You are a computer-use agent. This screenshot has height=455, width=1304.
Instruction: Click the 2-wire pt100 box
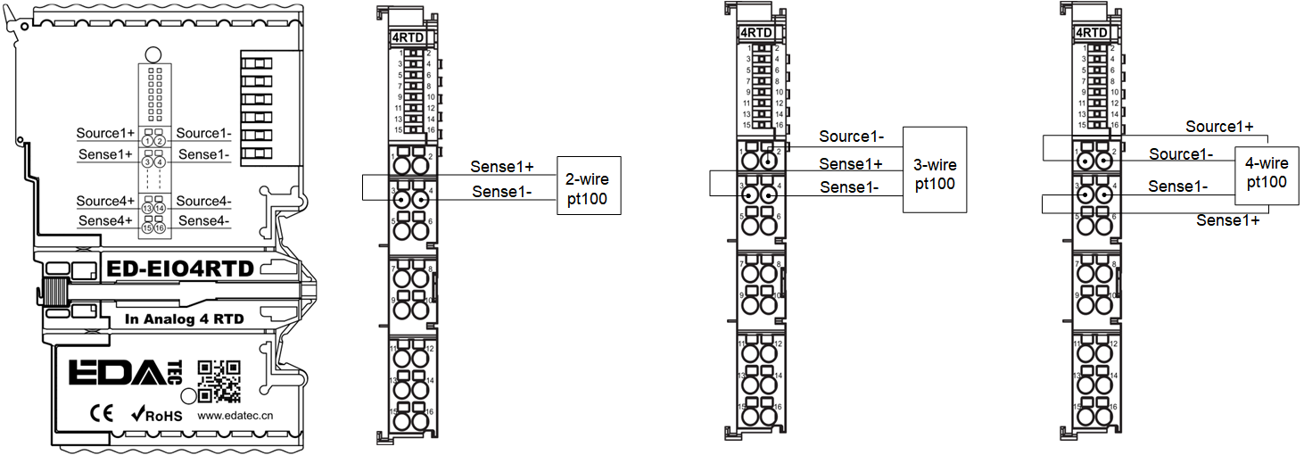coord(588,185)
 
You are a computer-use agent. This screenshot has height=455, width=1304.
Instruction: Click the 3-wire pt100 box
coord(935,169)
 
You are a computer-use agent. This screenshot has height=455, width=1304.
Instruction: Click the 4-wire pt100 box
coord(1266,174)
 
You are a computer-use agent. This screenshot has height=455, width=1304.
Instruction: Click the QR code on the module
coord(219,381)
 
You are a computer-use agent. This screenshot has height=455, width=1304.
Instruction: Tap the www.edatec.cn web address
coord(235,415)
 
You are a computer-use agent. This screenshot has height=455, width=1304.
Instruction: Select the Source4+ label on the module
coord(105,201)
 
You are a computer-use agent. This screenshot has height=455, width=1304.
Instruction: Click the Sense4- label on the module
coord(204,220)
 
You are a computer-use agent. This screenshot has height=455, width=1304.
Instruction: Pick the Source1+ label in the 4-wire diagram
coord(1218,127)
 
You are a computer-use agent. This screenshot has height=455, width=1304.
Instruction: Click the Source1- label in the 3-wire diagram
coord(851,136)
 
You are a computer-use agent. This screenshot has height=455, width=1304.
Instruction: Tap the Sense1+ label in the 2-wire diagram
coord(503,167)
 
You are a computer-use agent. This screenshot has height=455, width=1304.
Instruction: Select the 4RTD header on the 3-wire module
coord(756,34)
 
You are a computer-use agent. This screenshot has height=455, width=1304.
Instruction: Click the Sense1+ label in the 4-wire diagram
coord(1227,219)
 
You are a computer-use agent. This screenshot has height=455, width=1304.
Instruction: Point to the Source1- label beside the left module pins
coord(204,133)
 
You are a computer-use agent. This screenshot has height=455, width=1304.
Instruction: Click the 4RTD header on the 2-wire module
coord(408,37)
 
